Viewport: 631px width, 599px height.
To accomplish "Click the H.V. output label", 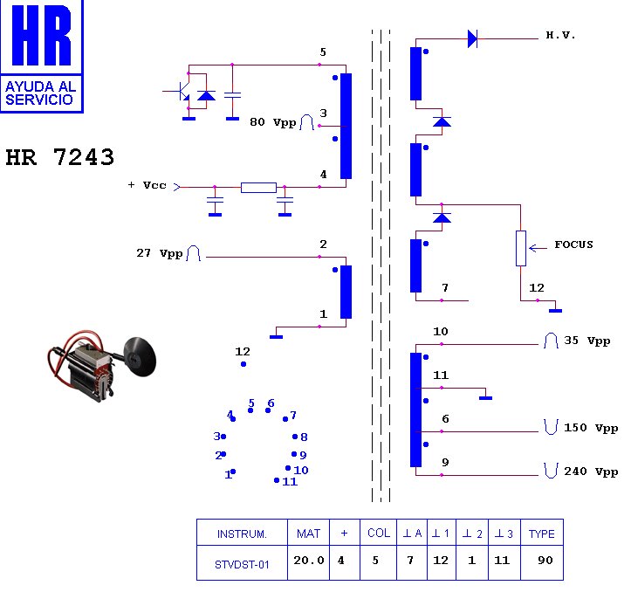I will [560, 36].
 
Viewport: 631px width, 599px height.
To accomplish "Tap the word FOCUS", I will [573, 244].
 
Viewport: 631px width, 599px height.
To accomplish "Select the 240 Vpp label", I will [591, 472].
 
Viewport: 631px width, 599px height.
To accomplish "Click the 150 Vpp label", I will [591, 428].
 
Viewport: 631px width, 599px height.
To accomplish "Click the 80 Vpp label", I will [272, 122].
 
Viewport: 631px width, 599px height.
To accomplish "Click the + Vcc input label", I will [147, 186].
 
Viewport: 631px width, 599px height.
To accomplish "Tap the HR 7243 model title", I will [59, 157].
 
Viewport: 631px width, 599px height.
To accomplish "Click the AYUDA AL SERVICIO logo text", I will [41, 93].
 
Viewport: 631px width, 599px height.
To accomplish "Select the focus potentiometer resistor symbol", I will [522, 248].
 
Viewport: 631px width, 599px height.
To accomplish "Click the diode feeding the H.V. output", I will [472, 38].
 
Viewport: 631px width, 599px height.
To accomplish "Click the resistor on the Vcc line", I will [258, 187].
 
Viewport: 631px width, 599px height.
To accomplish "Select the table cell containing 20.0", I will [308, 561].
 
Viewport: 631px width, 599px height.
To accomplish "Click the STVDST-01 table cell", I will [242, 564].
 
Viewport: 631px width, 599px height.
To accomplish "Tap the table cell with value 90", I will [545, 561].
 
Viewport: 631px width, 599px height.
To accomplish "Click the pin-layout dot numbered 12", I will [243, 363].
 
